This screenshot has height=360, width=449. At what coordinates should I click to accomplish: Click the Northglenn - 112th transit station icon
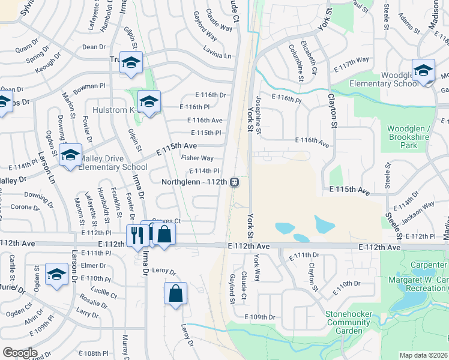click(x=235, y=181)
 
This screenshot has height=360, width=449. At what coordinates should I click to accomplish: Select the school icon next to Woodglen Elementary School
click(x=423, y=70)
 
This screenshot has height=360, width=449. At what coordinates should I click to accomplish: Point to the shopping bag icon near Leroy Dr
click(x=175, y=294)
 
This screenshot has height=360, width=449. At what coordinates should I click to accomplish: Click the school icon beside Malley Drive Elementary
click(x=70, y=156)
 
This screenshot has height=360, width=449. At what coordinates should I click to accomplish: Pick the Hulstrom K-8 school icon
click(x=149, y=101)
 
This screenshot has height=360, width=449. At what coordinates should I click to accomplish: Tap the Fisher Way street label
click(x=197, y=158)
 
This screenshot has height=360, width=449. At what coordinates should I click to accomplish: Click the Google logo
click(x=20, y=353)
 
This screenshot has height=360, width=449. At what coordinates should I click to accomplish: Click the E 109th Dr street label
click(x=259, y=317)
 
